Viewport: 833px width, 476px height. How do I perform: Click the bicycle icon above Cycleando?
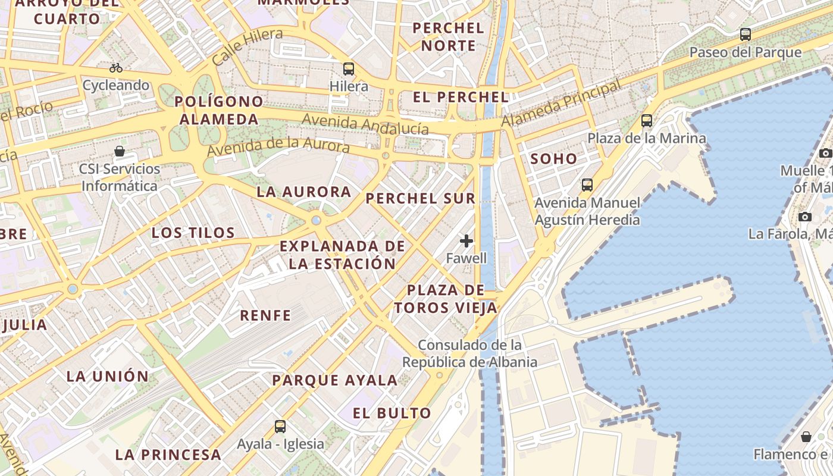click(116, 68)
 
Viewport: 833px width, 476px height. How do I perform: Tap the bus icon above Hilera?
click(349, 69)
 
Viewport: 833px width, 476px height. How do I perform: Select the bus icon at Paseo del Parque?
click(746, 35)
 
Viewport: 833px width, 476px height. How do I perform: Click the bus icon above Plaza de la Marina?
click(647, 121)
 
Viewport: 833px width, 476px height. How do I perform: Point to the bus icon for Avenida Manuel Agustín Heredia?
click(587, 185)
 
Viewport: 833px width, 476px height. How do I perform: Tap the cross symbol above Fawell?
click(466, 241)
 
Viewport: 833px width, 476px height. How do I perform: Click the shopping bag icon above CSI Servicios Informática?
click(120, 151)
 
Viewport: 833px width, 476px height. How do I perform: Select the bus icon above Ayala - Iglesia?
click(280, 426)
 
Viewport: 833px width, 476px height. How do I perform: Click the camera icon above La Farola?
click(805, 217)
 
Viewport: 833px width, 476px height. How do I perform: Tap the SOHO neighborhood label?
click(553, 159)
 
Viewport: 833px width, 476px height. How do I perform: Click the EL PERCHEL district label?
click(461, 98)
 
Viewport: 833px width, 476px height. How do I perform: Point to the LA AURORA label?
click(304, 192)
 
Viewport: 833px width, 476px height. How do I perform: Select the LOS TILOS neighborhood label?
click(193, 233)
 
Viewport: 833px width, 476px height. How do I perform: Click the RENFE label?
click(265, 315)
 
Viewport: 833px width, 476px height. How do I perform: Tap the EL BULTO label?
click(392, 413)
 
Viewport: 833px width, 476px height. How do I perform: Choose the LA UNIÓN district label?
click(107, 376)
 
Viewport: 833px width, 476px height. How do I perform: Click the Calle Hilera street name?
click(247, 46)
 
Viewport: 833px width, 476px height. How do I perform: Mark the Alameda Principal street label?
click(561, 104)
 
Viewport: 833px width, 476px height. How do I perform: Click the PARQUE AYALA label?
click(334, 380)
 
